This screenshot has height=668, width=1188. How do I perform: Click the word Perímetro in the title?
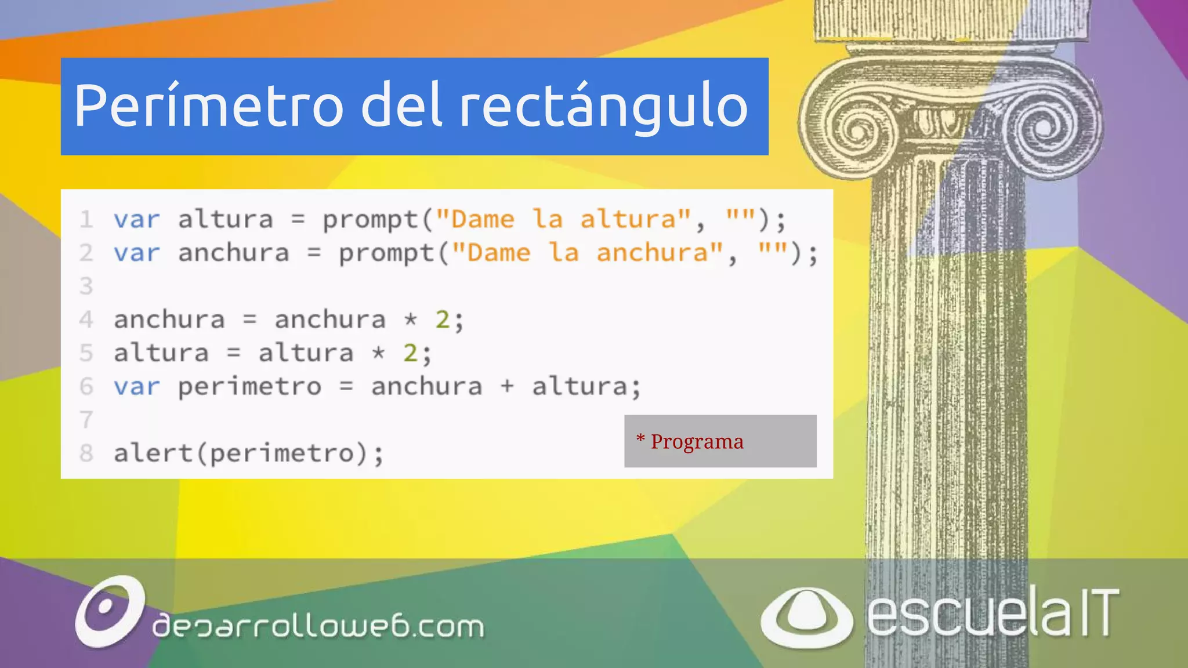click(x=209, y=106)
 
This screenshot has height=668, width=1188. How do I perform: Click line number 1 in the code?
click(x=86, y=220)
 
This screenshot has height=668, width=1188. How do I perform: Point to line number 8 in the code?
click(x=86, y=453)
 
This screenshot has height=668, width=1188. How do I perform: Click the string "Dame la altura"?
click(x=563, y=220)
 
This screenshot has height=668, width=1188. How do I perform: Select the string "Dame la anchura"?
click(x=588, y=253)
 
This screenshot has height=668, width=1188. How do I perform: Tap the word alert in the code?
click(x=153, y=453)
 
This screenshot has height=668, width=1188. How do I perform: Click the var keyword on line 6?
click(x=136, y=386)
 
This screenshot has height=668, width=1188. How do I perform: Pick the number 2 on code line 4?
click(x=443, y=320)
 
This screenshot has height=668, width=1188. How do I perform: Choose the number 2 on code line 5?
click(x=410, y=353)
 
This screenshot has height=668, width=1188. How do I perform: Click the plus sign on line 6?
click(x=507, y=386)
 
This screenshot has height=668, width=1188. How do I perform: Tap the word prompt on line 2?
click(x=386, y=253)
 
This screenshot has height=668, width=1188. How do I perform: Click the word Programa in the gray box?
click(x=697, y=441)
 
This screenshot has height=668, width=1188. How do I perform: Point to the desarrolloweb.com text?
click(x=318, y=626)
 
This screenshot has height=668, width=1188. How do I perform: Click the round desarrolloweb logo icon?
click(x=109, y=611)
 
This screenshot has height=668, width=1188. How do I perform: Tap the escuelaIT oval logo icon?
click(x=806, y=617)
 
